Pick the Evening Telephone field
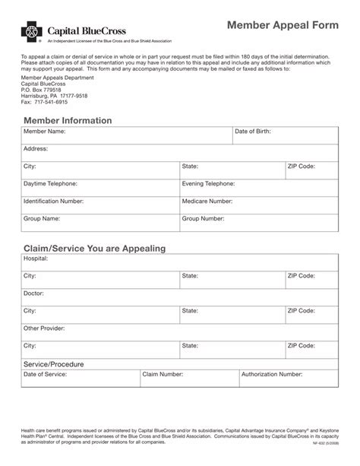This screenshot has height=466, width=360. tap(258, 188)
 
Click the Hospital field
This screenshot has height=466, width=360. tap(179, 262)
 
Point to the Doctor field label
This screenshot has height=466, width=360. tap(33, 293)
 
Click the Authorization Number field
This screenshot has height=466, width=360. tap(288, 379)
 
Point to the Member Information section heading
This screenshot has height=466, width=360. tap(68, 120)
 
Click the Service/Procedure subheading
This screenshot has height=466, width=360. tap(53, 364)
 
